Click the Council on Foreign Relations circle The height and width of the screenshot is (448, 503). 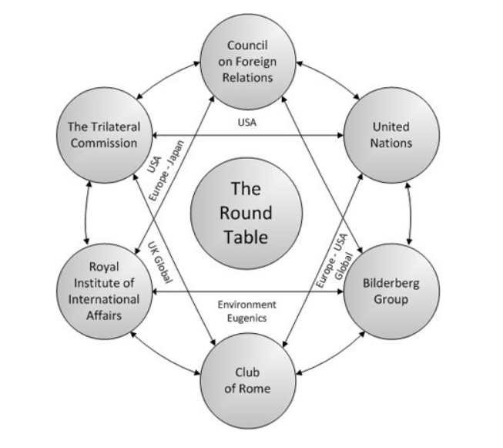click(x=248, y=62)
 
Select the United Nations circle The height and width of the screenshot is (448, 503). click(x=391, y=135)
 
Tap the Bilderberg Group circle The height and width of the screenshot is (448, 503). click(x=391, y=291)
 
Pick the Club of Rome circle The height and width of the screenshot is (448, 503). click(x=248, y=381)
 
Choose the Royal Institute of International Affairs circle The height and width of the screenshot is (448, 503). click(x=104, y=291)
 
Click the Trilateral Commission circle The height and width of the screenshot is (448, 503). click(x=104, y=135)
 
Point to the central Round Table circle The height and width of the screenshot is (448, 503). click(x=246, y=214)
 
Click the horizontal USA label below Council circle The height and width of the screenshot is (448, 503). click(x=247, y=123)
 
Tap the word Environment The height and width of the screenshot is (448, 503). click(x=246, y=305)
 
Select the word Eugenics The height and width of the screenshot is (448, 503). click(x=246, y=318)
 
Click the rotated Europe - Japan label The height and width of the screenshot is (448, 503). click(x=167, y=170)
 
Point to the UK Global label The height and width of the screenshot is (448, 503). click(x=160, y=262)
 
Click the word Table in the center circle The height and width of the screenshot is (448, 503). click(x=246, y=237)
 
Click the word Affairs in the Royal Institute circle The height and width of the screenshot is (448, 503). click(x=104, y=315)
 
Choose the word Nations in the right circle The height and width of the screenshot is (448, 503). click(x=391, y=143)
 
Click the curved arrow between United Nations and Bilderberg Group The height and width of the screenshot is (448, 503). click(x=411, y=214)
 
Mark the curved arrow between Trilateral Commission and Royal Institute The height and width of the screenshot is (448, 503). click(x=86, y=214)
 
